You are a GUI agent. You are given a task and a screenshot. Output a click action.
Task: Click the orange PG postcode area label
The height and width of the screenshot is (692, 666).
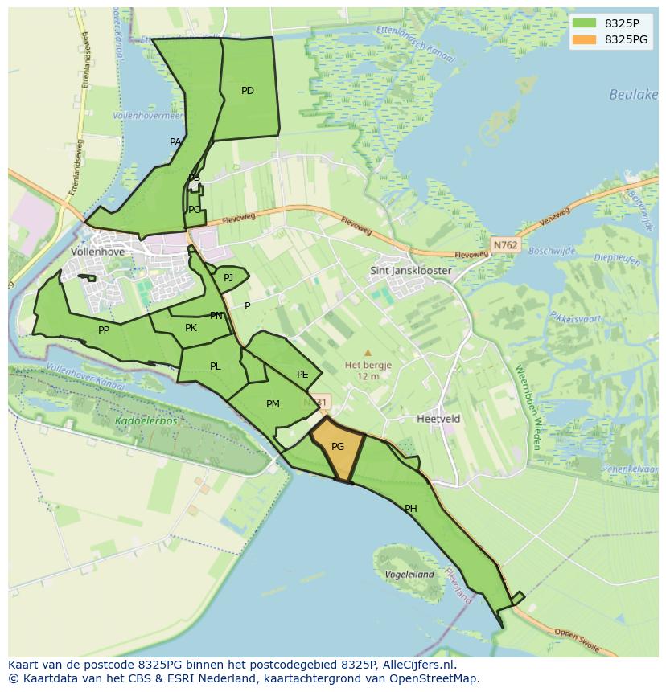(x=338, y=447)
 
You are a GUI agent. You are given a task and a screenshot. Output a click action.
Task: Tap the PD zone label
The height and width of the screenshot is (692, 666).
(x=248, y=91)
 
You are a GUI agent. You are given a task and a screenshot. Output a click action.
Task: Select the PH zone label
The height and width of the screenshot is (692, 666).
(x=411, y=509)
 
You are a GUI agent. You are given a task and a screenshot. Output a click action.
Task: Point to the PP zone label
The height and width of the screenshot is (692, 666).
(x=104, y=330)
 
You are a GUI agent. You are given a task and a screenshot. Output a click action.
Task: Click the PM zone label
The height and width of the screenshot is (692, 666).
(x=273, y=404)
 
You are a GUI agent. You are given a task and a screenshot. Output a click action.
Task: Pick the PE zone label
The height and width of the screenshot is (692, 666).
(x=302, y=375)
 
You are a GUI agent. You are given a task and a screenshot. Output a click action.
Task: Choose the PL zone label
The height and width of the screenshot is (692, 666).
(x=215, y=366)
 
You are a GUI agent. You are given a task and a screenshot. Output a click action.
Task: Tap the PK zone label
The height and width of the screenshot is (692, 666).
(x=191, y=328)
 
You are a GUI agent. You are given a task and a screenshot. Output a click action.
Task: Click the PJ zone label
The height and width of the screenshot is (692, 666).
(x=228, y=278)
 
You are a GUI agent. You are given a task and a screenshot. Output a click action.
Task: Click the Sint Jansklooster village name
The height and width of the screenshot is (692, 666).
(x=410, y=271)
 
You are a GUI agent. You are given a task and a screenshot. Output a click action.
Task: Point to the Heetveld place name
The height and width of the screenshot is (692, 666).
(x=438, y=419)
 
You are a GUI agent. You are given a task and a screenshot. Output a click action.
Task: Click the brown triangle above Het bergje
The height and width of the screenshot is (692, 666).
(x=368, y=353)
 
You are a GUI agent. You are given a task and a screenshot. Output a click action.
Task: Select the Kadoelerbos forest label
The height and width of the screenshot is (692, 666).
(x=146, y=420)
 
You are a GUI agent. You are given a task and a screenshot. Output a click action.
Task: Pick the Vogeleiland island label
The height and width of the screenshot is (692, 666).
(x=409, y=575)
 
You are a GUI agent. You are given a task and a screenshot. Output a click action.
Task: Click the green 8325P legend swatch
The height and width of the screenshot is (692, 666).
(x=585, y=23)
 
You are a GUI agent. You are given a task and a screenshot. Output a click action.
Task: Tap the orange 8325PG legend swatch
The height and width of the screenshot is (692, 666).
(x=585, y=39)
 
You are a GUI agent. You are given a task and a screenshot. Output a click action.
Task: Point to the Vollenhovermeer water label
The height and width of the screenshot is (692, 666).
(x=148, y=116)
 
